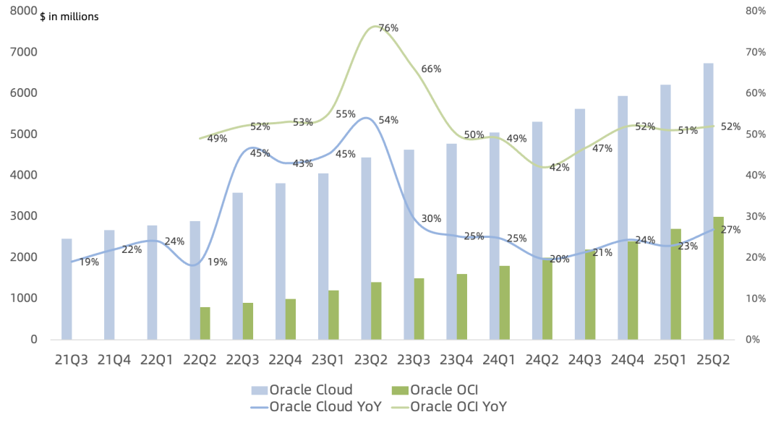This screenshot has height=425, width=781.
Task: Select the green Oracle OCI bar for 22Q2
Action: coord(205,323)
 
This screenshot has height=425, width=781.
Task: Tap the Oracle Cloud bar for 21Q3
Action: coord(67,288)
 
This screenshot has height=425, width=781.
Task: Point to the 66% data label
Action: coord(431,69)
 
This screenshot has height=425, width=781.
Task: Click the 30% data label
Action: coord(431,219)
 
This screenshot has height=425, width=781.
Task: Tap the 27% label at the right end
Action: coord(730,230)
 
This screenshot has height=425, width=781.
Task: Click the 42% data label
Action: coord(560,168)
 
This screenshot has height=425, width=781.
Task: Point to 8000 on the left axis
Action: coord(25,11)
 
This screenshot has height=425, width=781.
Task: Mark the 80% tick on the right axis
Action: coord(756,11)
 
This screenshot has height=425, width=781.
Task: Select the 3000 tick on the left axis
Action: coord(25,216)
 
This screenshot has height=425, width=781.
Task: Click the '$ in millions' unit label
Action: coord(69,16)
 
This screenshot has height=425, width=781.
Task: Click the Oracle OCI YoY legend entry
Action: coord(458,406)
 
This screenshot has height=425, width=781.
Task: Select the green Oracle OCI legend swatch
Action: coord(398,390)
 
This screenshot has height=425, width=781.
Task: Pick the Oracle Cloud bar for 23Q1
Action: coord(323,257)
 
